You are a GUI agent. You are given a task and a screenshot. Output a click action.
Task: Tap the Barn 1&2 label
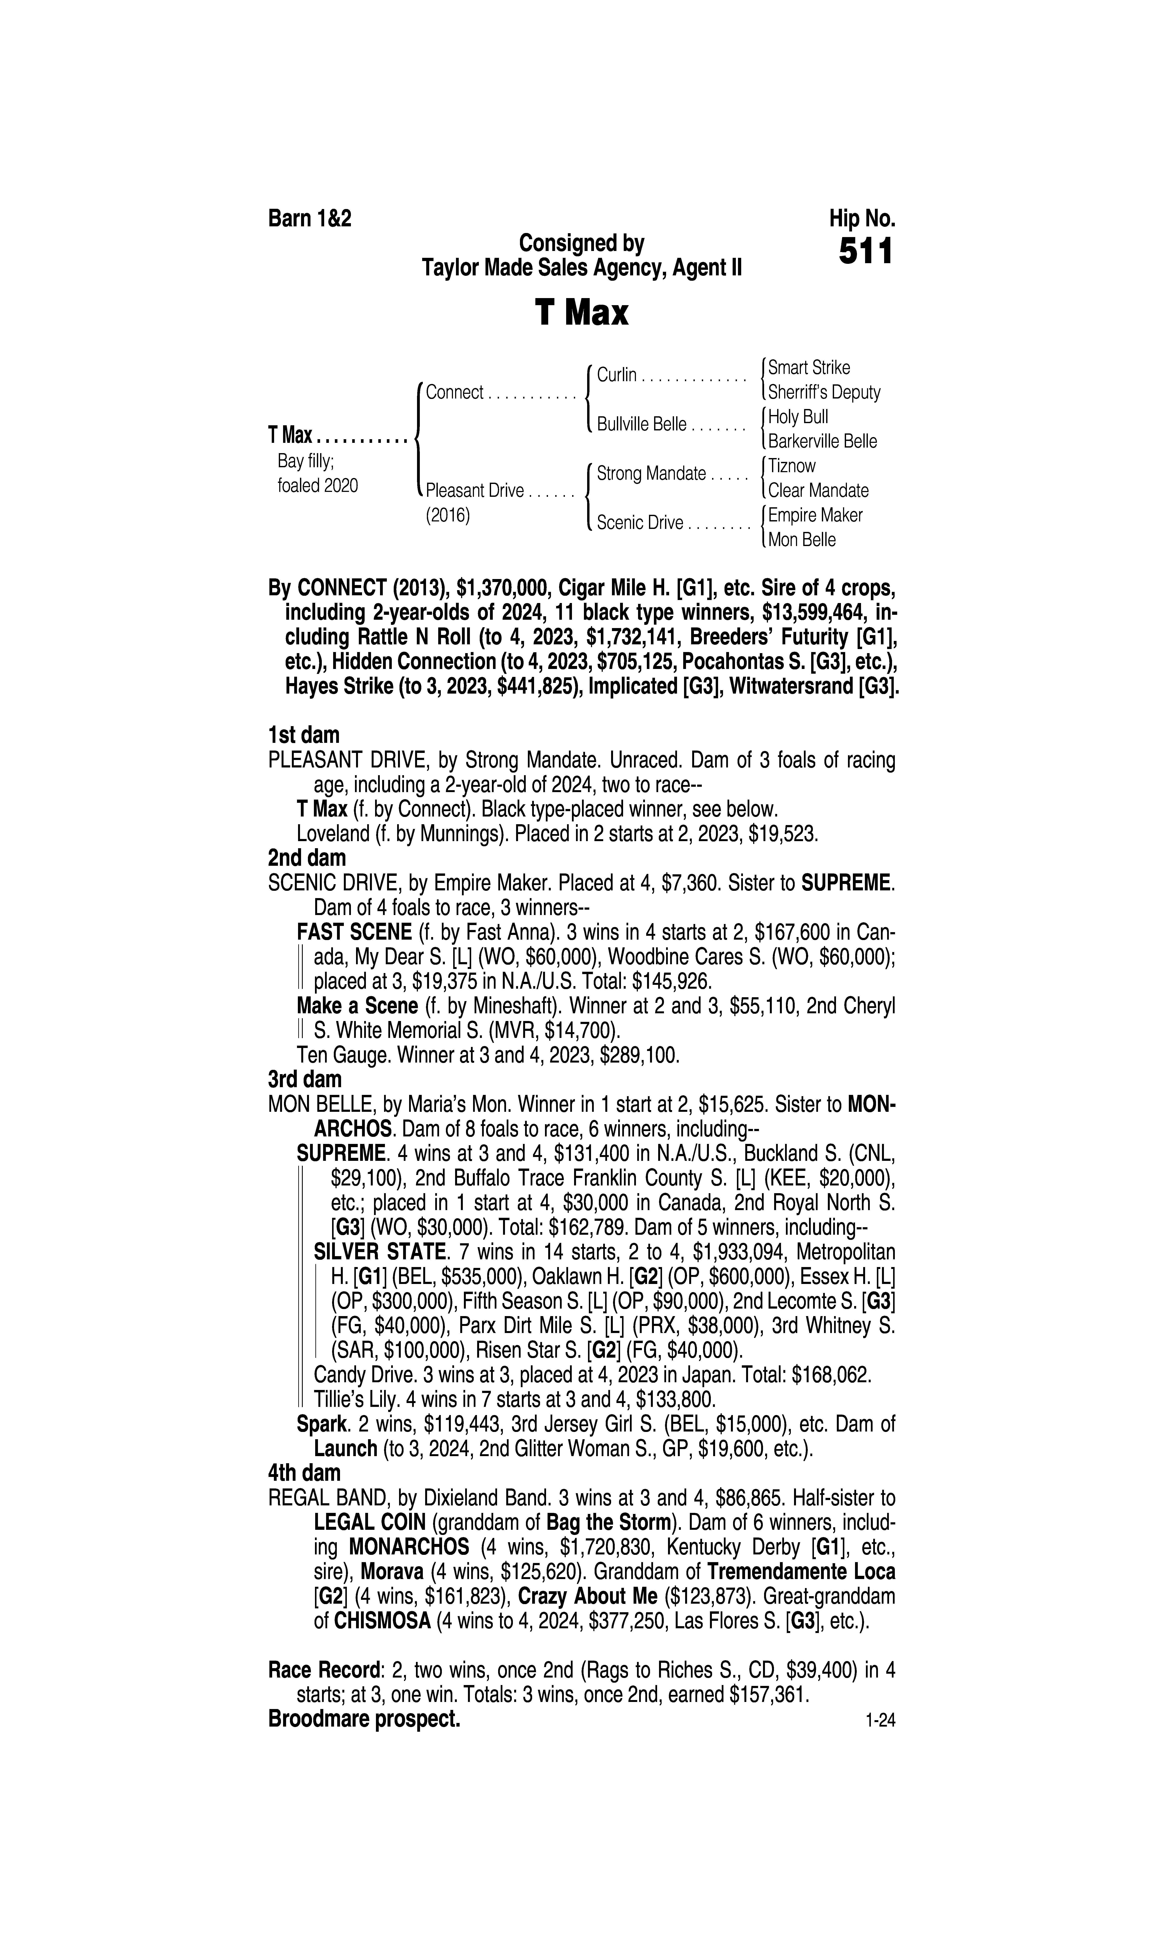[x=310, y=218]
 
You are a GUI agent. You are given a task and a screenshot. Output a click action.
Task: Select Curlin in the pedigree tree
[x=616, y=375]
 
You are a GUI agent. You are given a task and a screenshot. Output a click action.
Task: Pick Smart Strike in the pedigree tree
[x=809, y=367]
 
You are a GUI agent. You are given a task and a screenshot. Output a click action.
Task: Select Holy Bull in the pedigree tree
[x=798, y=417]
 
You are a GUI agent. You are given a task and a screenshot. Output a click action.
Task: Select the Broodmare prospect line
[x=364, y=1719]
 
